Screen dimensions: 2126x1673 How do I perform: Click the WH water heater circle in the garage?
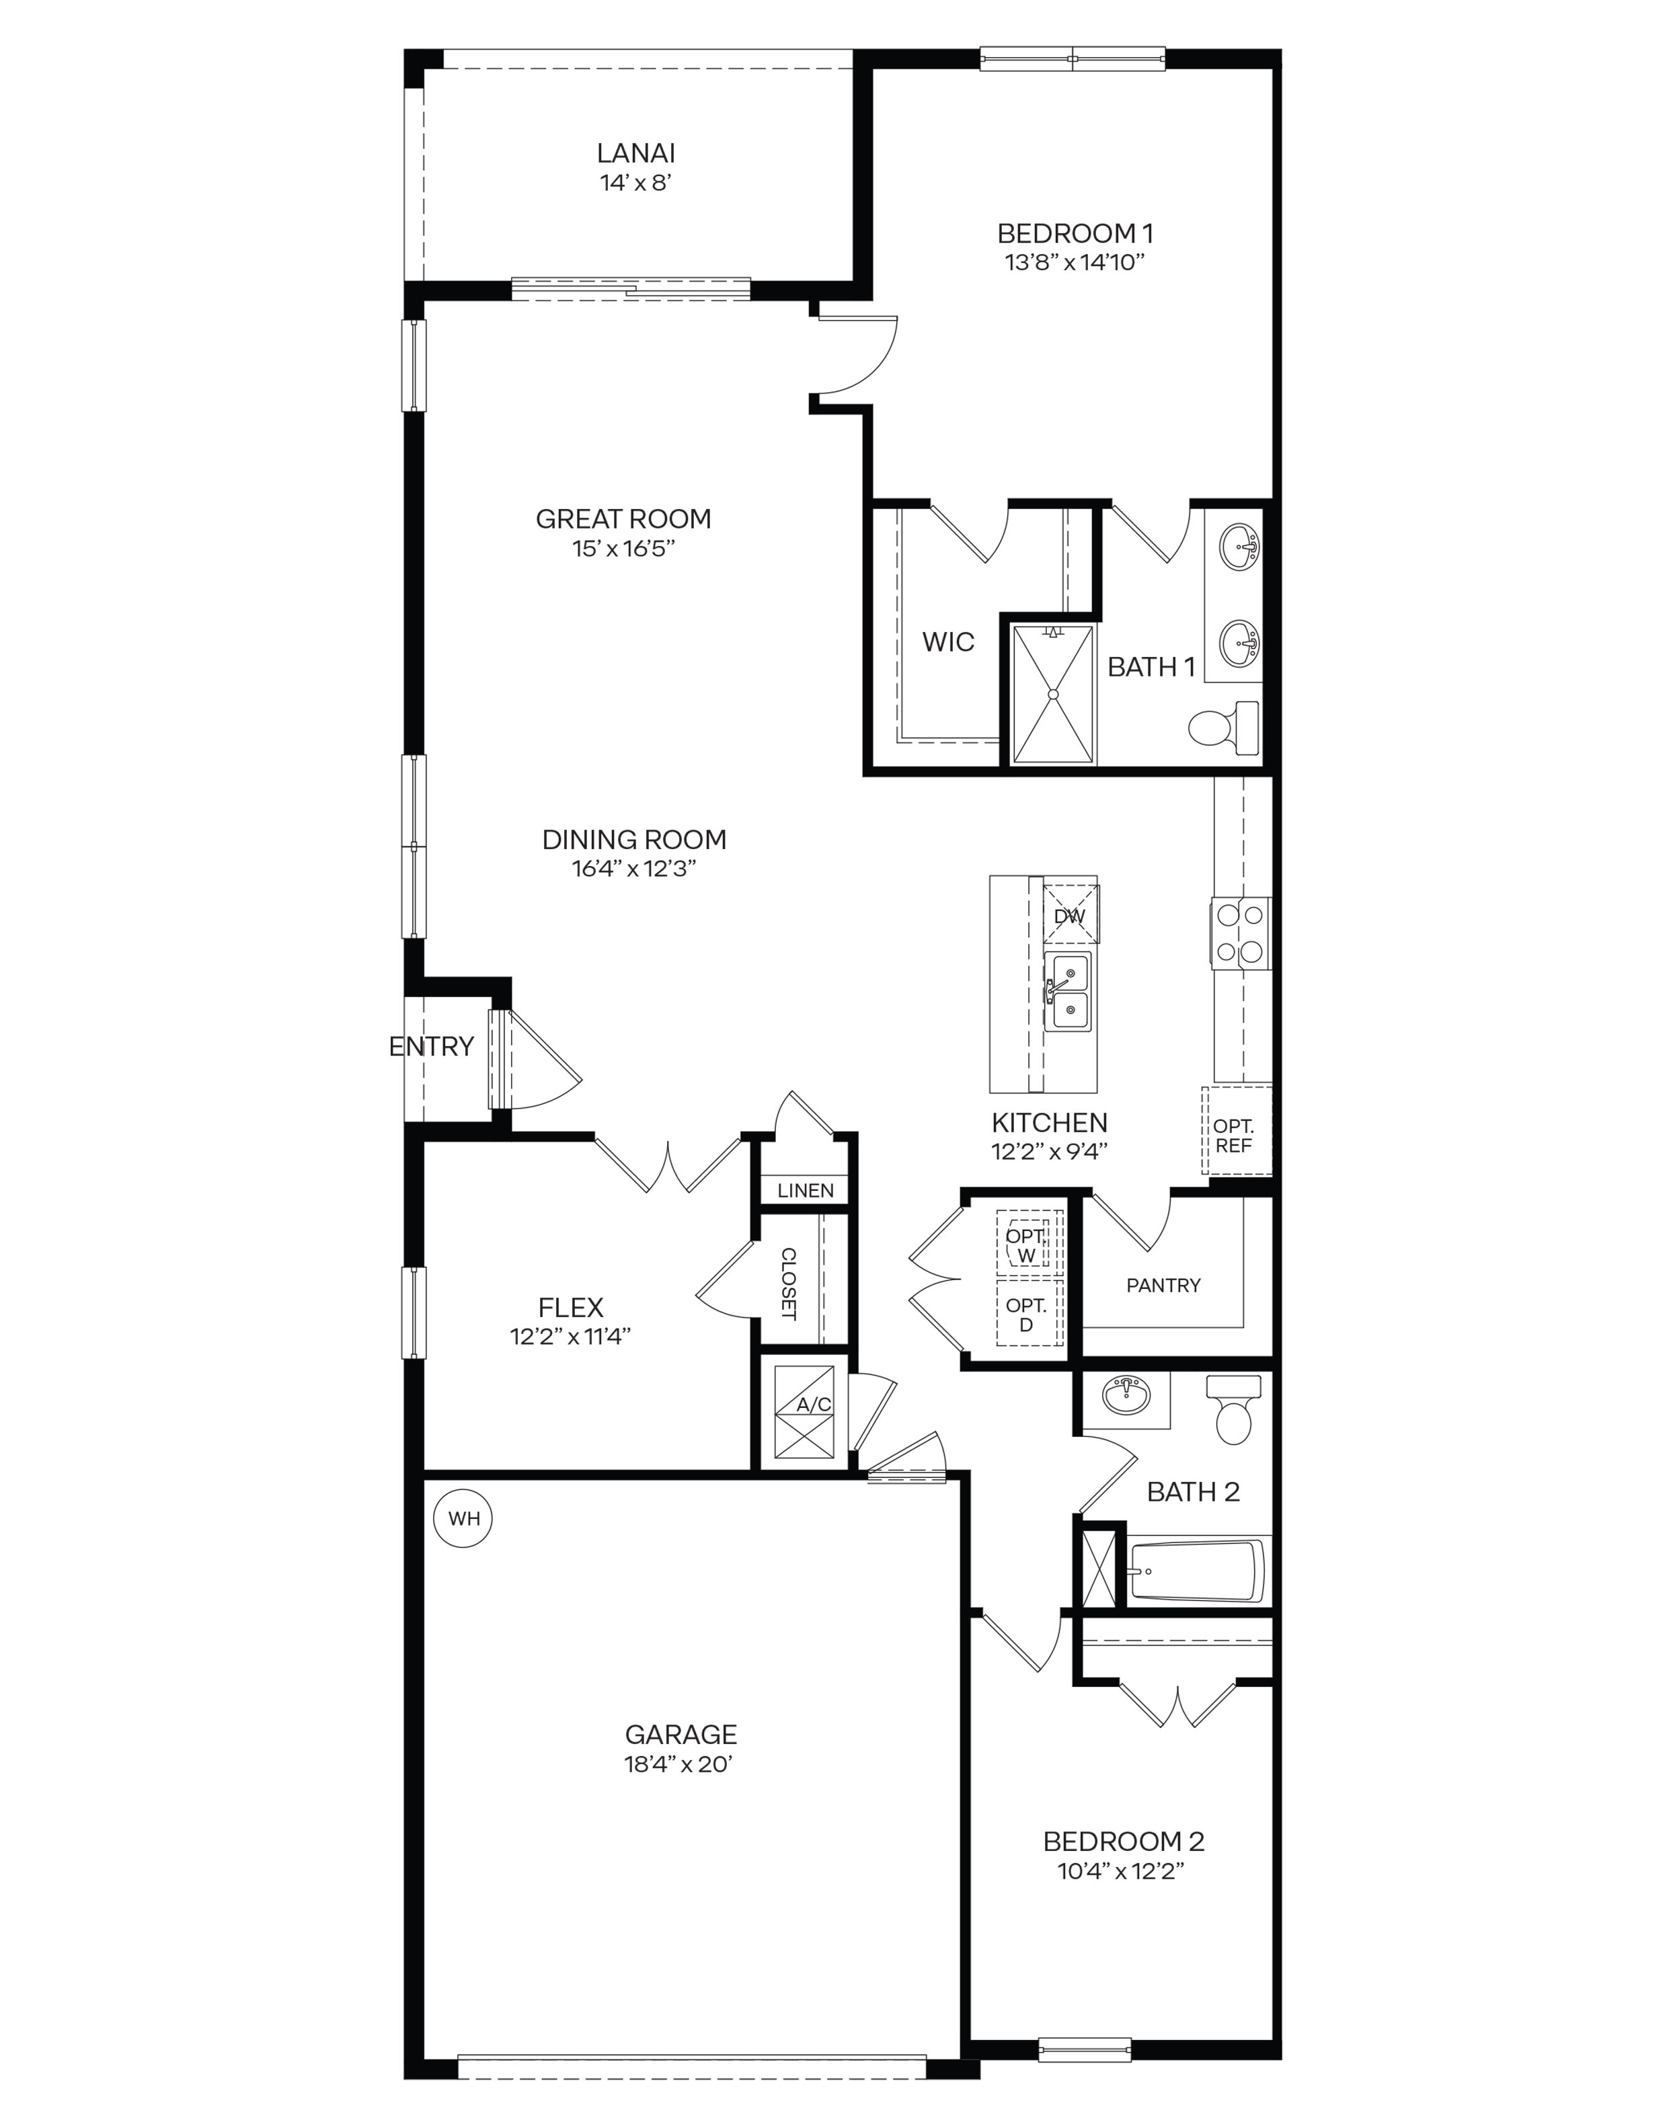tap(463, 1518)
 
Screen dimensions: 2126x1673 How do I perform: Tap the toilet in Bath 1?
tap(1224, 727)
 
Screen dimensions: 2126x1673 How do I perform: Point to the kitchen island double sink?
tap(1066, 991)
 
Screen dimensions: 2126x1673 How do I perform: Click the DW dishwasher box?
tap(1070, 916)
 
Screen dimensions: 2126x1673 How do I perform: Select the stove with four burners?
tap(1239, 933)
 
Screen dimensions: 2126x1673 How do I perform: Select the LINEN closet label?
tap(805, 1190)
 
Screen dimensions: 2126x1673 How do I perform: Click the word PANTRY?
tap(1163, 1285)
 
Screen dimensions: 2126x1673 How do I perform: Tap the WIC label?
tap(947, 642)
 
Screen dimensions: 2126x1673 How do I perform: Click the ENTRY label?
tap(431, 1046)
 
